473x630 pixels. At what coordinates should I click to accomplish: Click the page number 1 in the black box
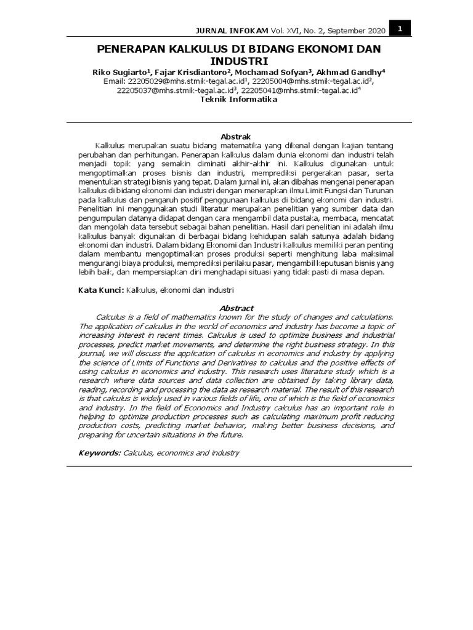pyautogui.click(x=400, y=28)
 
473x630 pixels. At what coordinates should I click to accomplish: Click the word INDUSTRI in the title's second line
pyautogui.click(x=236, y=61)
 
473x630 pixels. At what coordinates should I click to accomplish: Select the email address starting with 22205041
pyautogui.click(x=299, y=90)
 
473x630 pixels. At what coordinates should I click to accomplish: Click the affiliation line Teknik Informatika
pyautogui.click(x=235, y=100)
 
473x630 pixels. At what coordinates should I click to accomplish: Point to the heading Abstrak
pyautogui.click(x=236, y=136)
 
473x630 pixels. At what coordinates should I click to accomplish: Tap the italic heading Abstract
pyautogui.click(x=236, y=308)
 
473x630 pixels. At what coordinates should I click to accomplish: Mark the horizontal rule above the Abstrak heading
pyautogui.click(x=236, y=122)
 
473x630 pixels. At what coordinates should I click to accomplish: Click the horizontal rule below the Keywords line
pyautogui.click(x=236, y=466)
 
